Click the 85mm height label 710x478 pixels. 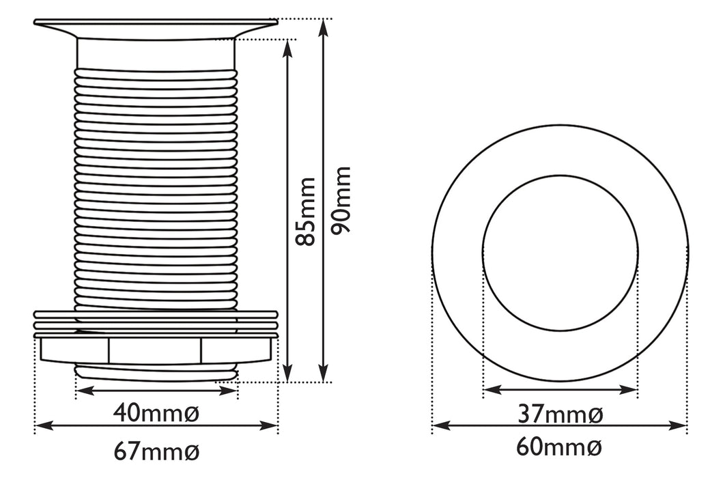pos(304,212)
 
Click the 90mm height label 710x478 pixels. pos(341,200)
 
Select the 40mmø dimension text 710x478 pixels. pos(156,413)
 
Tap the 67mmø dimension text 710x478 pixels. pos(156,452)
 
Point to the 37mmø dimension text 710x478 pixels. pos(560,414)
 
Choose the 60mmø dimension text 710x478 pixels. pos(559,448)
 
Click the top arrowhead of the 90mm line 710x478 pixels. pos(323,28)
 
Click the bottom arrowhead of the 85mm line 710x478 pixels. pos(287,373)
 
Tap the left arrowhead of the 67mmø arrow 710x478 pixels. pos(44,425)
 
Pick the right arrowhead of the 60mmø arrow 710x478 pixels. pos(677,425)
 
